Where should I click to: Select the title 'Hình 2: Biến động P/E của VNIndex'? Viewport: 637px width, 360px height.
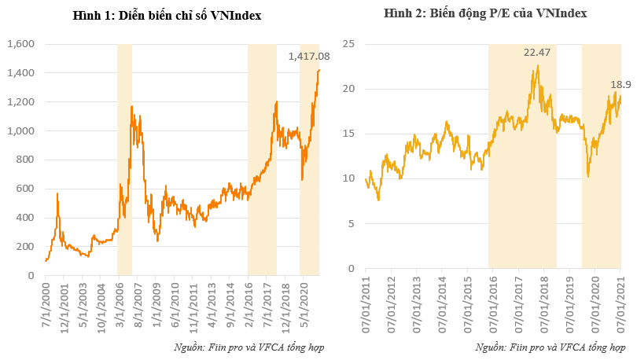(x=485, y=13)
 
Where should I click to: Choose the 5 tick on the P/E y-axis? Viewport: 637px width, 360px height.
(x=351, y=223)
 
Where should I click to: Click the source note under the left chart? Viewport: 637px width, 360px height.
(x=250, y=347)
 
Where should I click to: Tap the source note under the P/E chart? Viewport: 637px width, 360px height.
(x=550, y=347)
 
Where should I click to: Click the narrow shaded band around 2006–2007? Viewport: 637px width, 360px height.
(x=124, y=157)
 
